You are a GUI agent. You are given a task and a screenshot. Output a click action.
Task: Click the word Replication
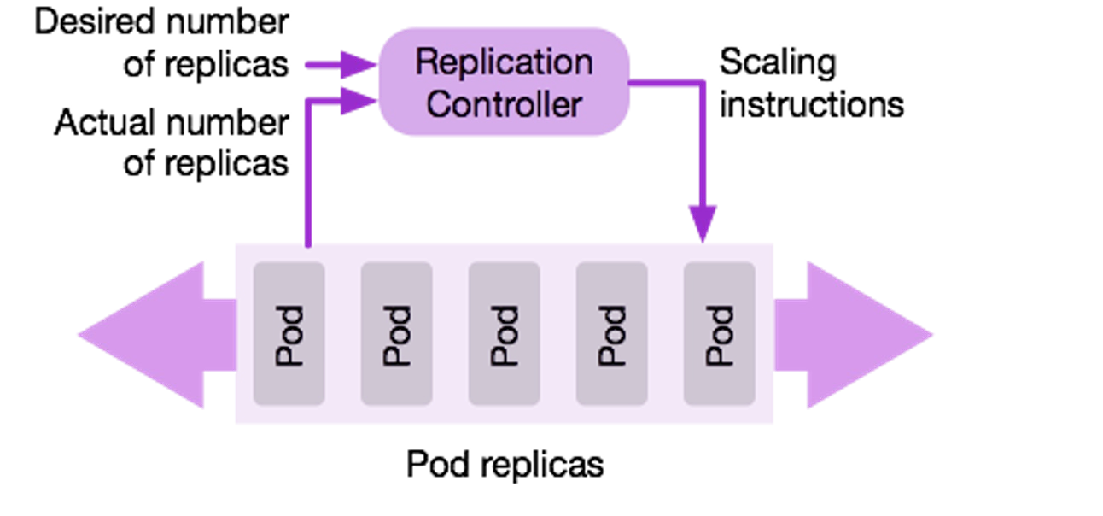504,62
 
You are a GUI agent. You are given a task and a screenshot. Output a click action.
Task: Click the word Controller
504,104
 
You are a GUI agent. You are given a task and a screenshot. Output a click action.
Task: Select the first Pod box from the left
289,333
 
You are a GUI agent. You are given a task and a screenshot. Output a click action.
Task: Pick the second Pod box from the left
397,333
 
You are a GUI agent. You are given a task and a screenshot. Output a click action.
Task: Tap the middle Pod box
505,333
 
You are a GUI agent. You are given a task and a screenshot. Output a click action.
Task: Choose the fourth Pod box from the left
612,333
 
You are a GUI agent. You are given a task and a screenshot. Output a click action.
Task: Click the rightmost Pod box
720,333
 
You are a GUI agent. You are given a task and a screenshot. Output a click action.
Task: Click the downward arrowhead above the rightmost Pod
703,224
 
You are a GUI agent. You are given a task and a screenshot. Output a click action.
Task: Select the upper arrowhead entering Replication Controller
358,63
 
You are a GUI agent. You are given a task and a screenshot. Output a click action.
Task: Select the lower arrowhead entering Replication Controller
358,100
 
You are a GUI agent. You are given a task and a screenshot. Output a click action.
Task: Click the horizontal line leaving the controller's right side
666,83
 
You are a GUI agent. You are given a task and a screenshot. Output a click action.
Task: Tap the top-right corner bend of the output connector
703,83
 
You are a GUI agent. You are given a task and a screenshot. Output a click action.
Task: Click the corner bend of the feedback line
308,101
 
